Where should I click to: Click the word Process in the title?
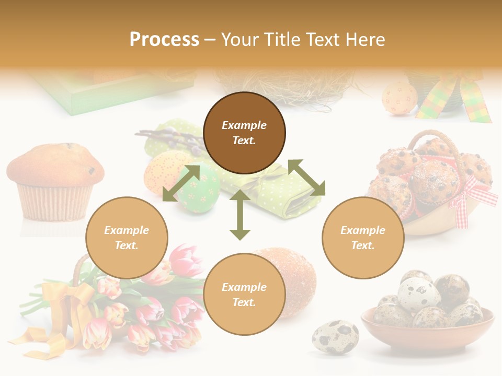164,40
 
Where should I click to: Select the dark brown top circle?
244,133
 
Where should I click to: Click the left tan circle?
127,238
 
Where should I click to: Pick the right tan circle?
363,238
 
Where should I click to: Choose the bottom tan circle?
244,295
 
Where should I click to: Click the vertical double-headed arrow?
240,215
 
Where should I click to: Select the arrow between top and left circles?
181,183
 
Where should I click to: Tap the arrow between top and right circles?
306,178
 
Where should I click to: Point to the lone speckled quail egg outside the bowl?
335,337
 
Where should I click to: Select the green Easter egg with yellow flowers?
200,190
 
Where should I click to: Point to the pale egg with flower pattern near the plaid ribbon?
400,98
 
